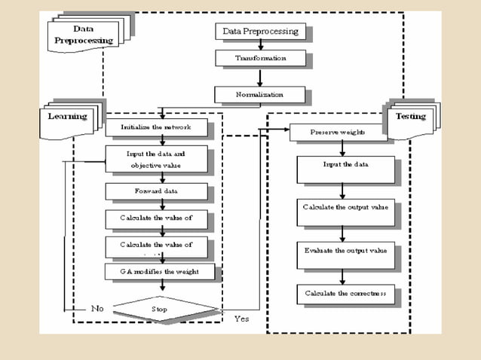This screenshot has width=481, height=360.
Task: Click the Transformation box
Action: pos(260,58)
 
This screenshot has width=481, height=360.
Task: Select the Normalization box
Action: pos(260,94)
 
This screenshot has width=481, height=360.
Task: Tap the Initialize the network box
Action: pos(156,127)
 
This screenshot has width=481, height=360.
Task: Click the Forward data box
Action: pos(156,191)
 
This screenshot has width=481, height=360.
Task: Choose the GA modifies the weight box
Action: pos(156,271)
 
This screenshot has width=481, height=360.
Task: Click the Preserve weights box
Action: pos(337,133)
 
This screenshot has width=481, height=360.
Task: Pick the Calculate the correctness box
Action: pos(345,292)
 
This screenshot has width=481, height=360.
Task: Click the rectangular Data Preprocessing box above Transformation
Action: pos(260,32)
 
